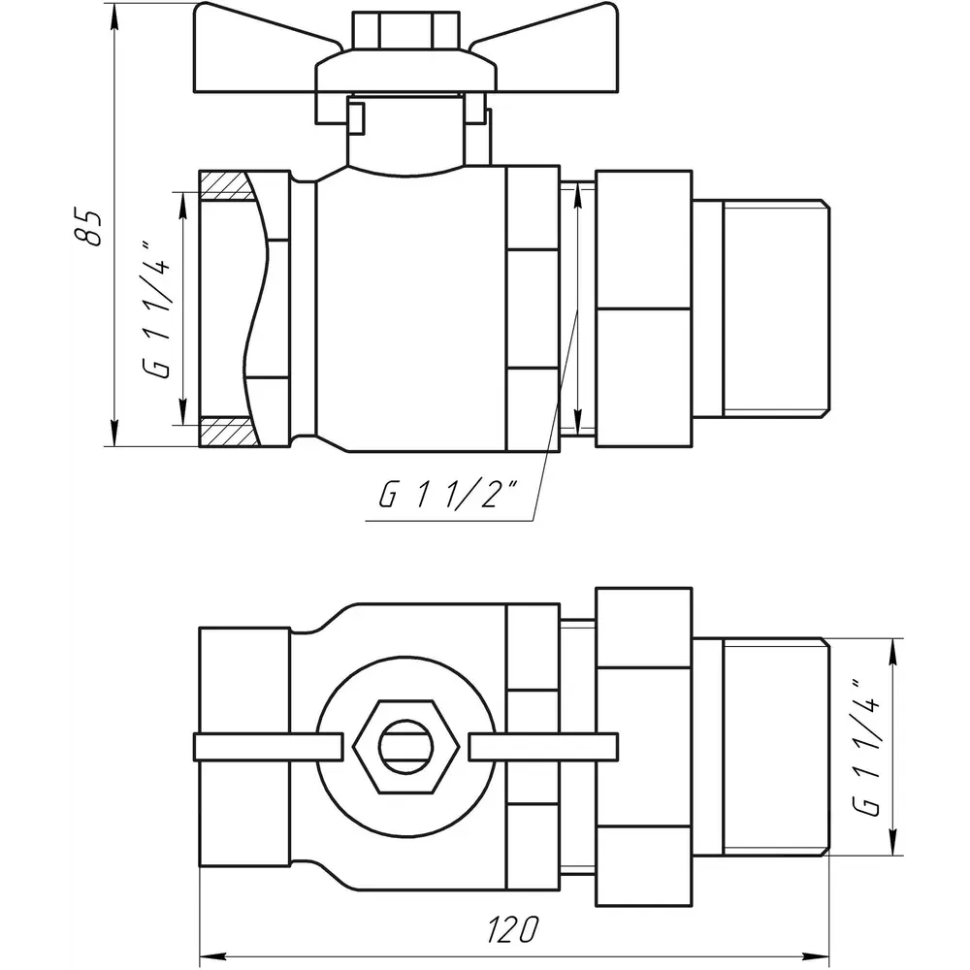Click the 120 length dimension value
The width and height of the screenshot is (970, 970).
tap(513, 929)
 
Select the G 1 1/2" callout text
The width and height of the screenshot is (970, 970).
tap(448, 494)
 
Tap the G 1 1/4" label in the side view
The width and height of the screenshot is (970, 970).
tap(155, 308)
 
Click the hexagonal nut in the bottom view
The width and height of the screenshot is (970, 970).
tap(405, 747)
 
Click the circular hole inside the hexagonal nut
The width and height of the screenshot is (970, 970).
tap(405, 747)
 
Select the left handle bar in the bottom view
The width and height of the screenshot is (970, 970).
tap(269, 747)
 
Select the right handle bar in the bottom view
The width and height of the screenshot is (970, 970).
tap(543, 747)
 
